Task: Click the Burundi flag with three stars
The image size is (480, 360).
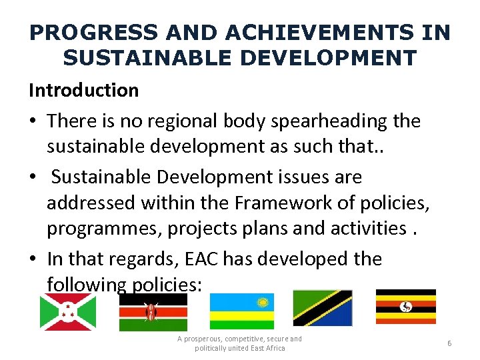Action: pyautogui.click(x=68, y=312)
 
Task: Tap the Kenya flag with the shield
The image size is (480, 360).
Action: pyautogui.click(x=153, y=312)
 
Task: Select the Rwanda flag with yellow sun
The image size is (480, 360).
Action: pyautogui.click(x=242, y=311)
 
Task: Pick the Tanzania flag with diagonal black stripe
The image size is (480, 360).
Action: pyautogui.click(x=323, y=308)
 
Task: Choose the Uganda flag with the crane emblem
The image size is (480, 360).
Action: pyautogui.click(x=405, y=306)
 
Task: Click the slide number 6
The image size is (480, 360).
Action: pyautogui.click(x=449, y=343)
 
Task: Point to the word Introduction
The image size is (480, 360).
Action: pyautogui.click(x=83, y=90)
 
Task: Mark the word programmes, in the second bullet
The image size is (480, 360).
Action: pyautogui.click(x=104, y=229)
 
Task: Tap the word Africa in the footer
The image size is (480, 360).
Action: pyautogui.click(x=273, y=348)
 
